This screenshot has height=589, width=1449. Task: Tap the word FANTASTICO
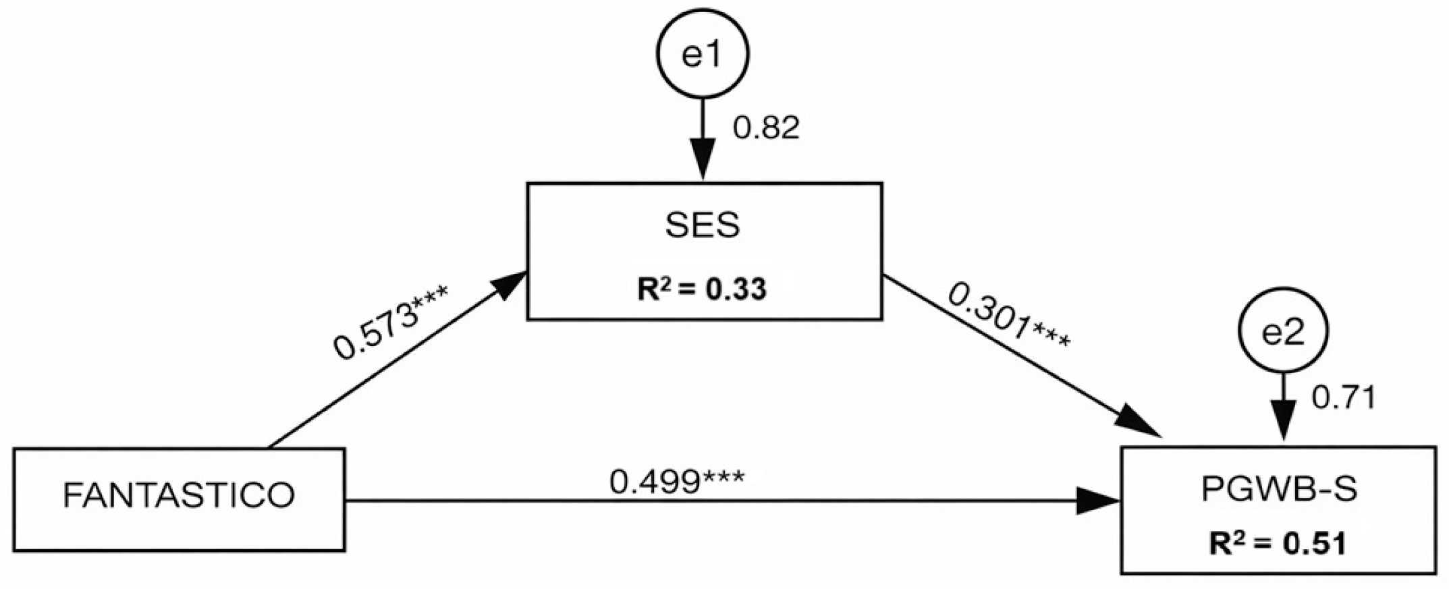point(179,496)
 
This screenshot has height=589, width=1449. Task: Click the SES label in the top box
point(703,226)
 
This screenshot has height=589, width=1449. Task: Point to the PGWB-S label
point(1279,490)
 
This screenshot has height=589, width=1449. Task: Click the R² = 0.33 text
point(703,289)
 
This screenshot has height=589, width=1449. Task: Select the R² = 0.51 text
point(1279,544)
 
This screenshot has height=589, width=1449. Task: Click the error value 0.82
point(766,128)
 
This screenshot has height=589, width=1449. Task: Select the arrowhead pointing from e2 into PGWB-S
point(1282,428)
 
